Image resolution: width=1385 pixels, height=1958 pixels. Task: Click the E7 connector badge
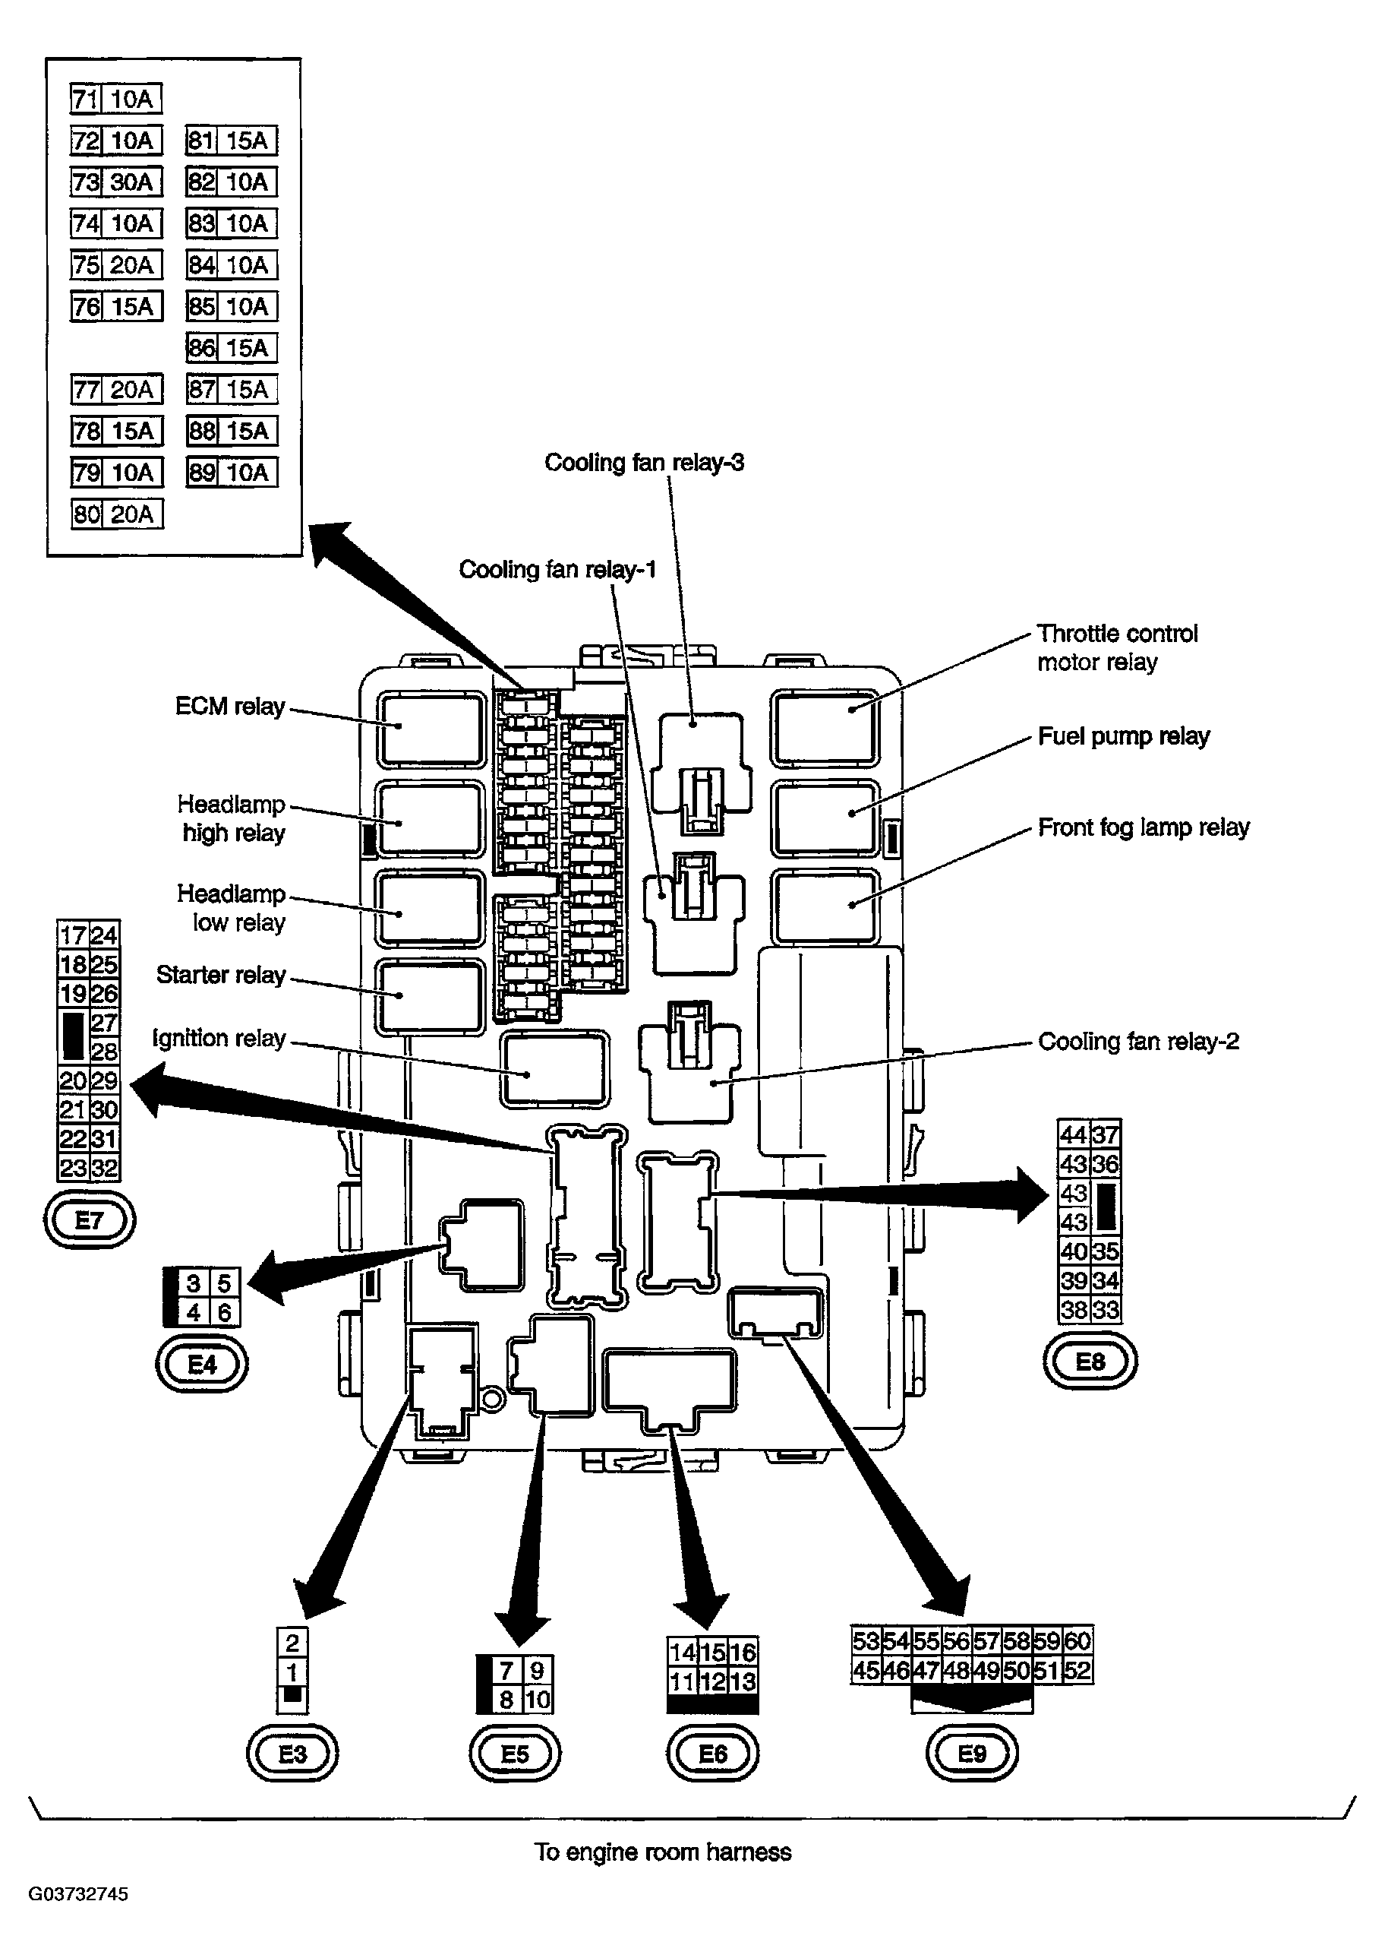pos(90,1220)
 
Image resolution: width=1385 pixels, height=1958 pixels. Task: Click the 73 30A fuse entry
pos(116,182)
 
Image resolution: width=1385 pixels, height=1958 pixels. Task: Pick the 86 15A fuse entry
pos(232,348)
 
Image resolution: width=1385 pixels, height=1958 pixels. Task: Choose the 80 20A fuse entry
pos(117,514)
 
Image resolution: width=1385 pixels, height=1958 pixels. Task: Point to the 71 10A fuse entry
pos(116,99)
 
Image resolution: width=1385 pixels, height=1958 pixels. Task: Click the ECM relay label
pos(229,707)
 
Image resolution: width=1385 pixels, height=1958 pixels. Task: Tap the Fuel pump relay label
pos(1123,736)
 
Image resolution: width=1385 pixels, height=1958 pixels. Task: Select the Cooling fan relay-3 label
pos(644,463)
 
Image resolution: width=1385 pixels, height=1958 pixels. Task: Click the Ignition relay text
pos(219,1039)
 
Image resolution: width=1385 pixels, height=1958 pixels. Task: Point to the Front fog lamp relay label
pos(1143,827)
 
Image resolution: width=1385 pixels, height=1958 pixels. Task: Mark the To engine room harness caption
pos(663,1852)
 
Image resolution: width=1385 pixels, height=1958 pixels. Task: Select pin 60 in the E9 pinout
pos(1078,1640)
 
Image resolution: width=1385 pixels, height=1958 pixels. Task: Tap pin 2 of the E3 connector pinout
pos(292,1643)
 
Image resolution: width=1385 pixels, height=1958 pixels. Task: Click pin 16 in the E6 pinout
pos(743,1653)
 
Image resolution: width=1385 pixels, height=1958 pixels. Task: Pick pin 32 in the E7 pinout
pos(104,1167)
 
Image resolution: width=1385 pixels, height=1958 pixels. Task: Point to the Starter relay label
pos(220,975)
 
